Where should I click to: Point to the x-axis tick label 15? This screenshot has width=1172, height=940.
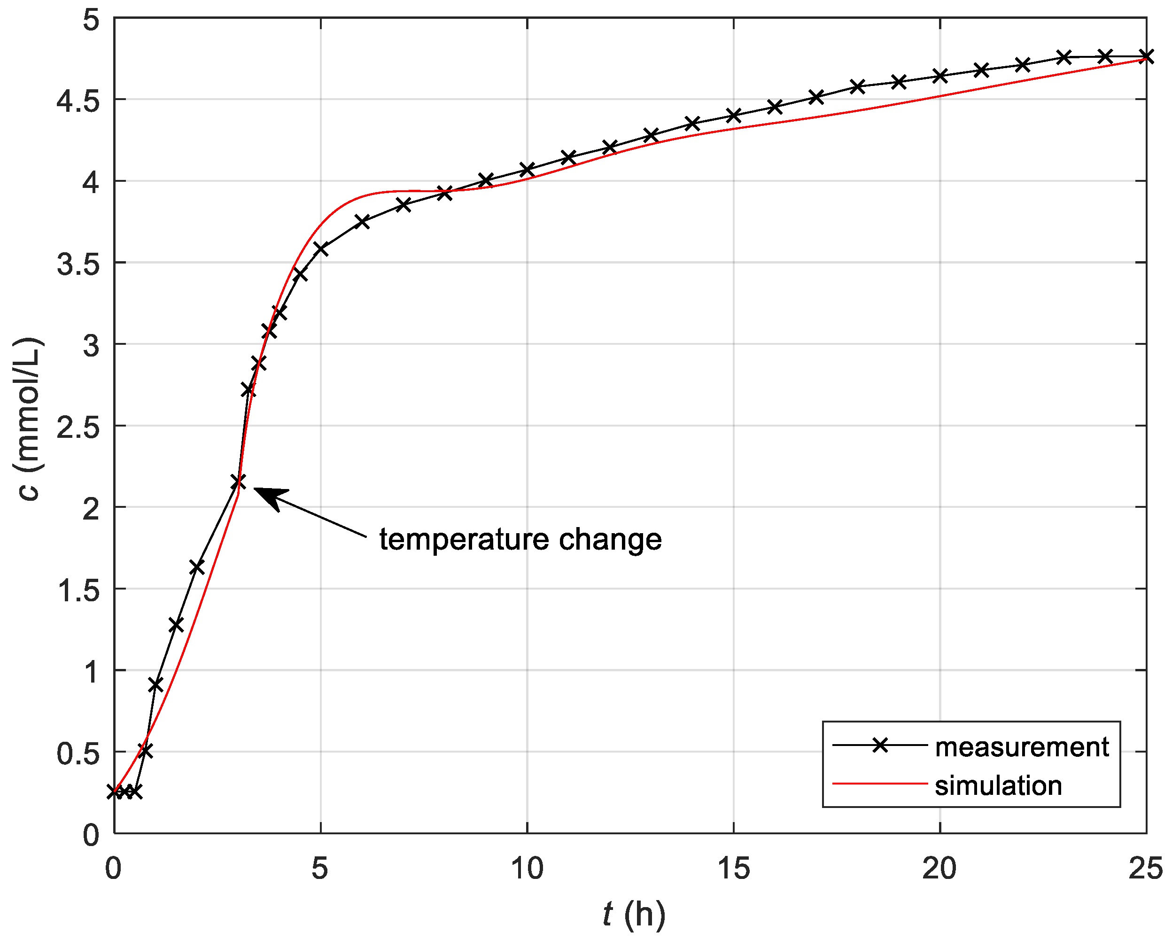pos(733,868)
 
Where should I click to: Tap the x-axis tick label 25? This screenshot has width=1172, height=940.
pos(1145,868)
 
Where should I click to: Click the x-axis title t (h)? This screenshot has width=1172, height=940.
pos(634,915)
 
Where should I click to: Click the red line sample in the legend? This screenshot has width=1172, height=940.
pos(879,784)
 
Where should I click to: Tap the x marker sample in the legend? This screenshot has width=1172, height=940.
pos(879,745)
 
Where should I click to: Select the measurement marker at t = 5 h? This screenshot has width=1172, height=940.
pos(321,249)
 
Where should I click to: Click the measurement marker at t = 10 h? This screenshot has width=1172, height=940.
pos(527,170)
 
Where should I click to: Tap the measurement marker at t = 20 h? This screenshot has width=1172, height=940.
pos(940,76)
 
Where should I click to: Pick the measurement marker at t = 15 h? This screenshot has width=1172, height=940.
pos(733,115)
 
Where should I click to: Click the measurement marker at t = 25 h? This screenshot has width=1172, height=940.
pos(1146,56)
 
